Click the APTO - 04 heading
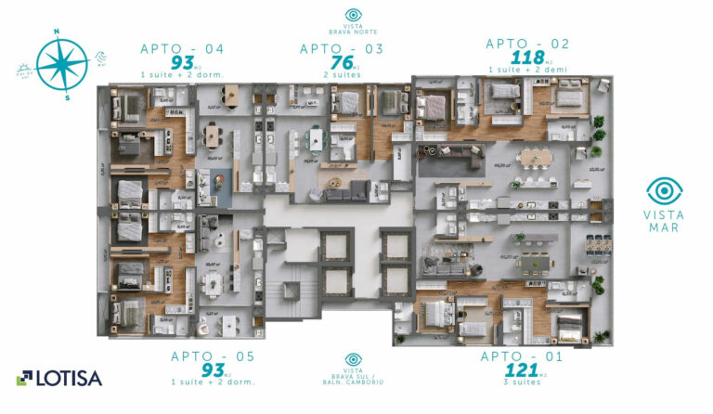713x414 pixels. point(182,49)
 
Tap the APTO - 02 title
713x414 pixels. point(526,44)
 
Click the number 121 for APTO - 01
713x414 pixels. point(522,371)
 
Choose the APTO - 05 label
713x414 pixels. point(213,356)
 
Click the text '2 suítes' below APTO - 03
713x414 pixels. point(341,73)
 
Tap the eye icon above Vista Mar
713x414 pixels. point(664,191)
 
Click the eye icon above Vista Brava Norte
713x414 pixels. point(353,15)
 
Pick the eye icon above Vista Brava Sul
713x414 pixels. point(353,358)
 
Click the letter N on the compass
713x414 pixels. point(57,32)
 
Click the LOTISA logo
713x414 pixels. point(59,378)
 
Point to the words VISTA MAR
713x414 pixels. point(664,221)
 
